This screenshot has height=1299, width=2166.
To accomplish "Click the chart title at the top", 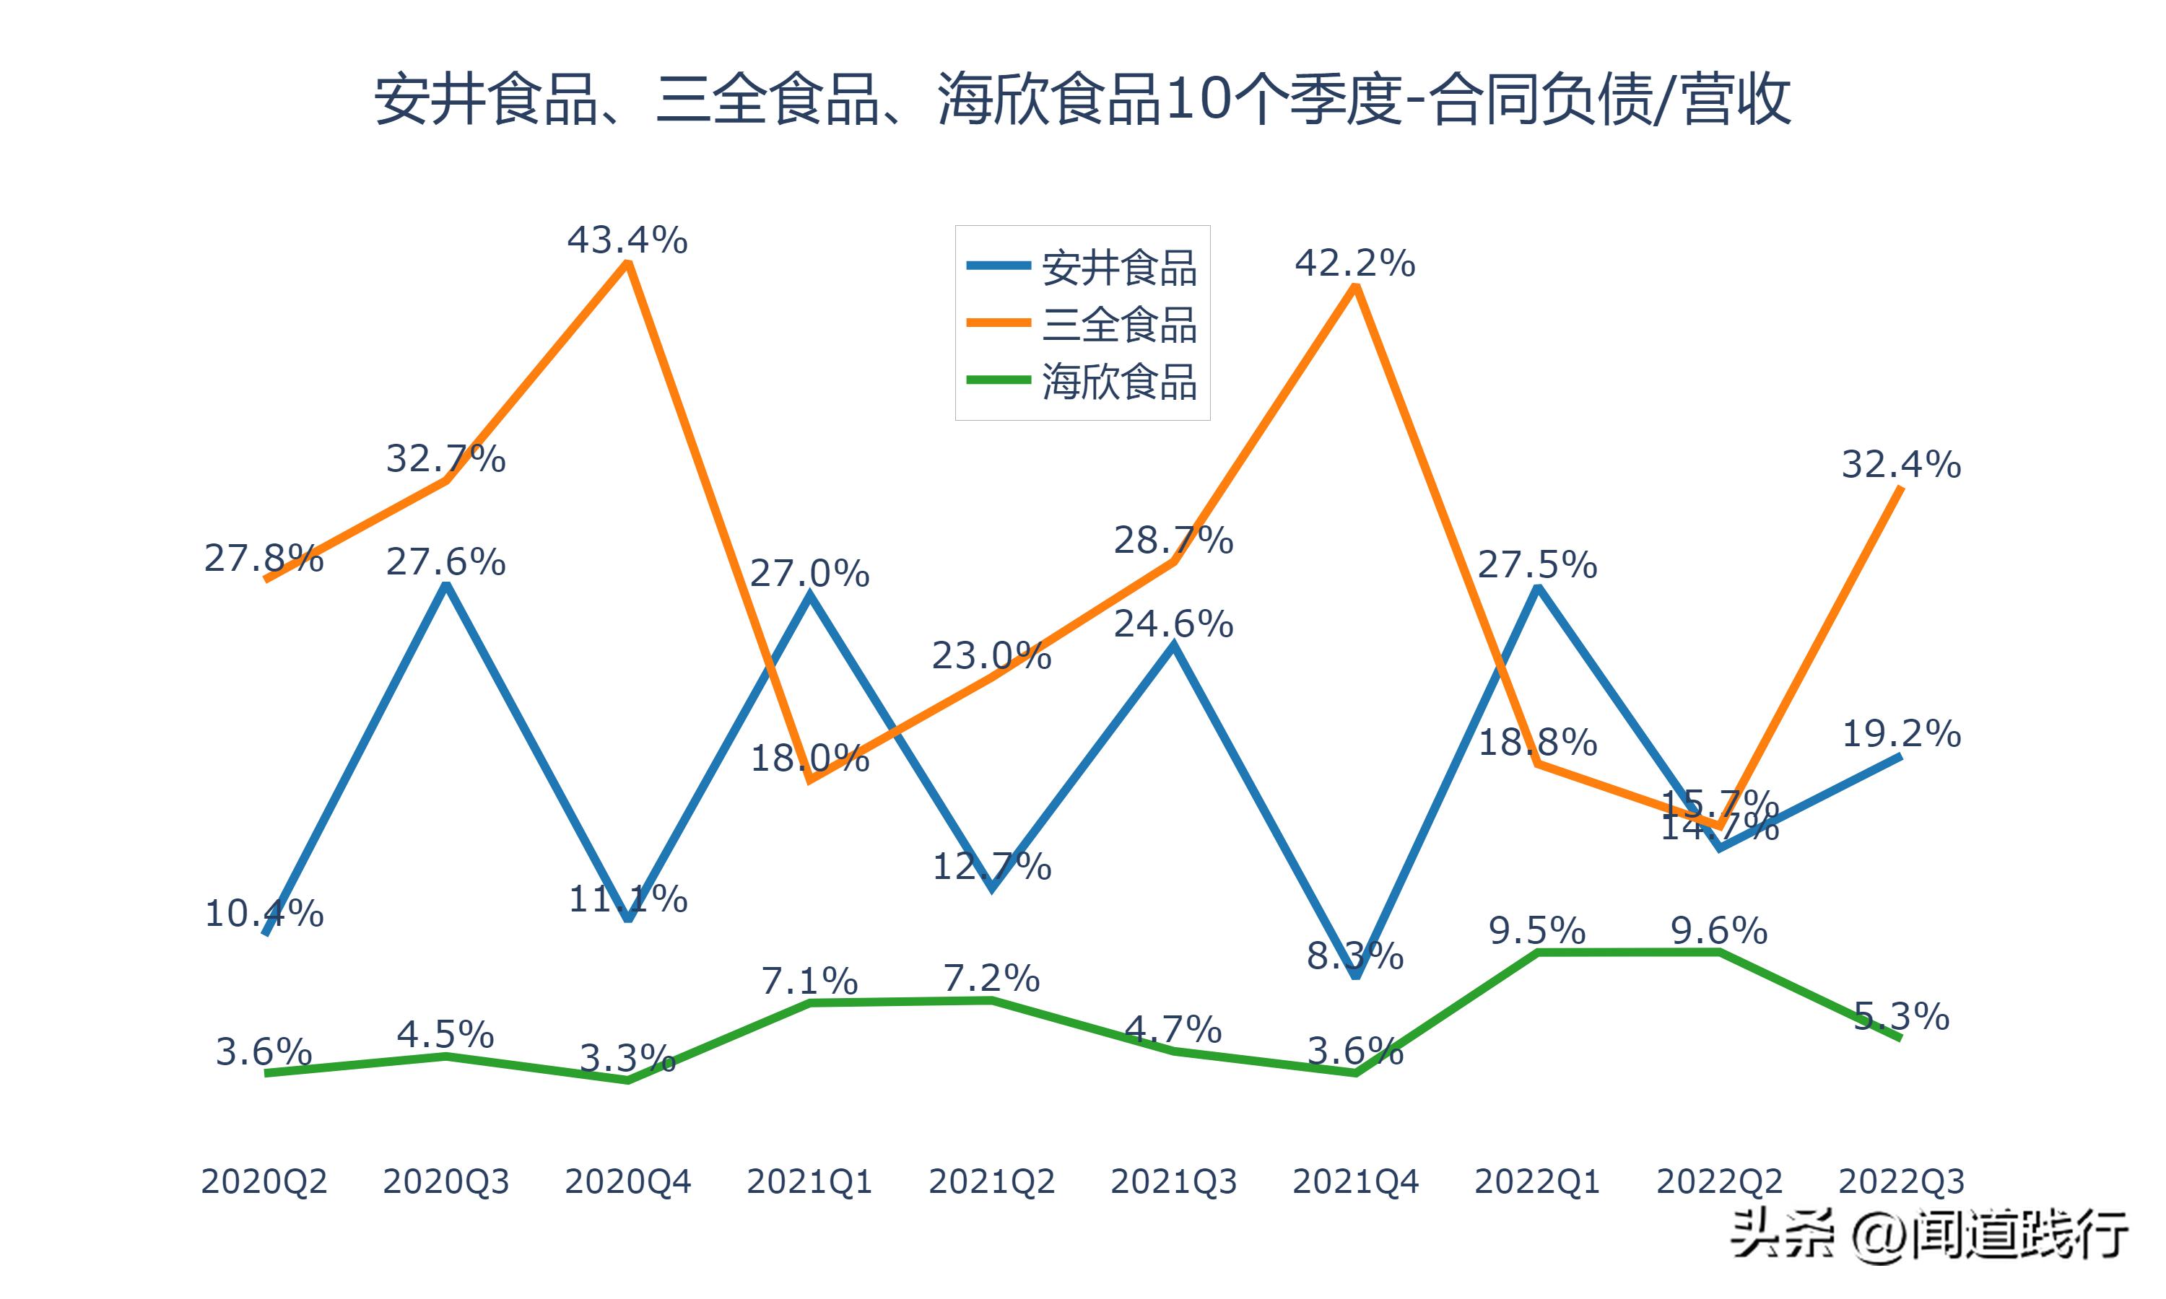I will [x=1082, y=100].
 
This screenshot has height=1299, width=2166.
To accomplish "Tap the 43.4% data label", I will [x=627, y=240].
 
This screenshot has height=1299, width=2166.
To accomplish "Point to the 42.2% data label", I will [x=1354, y=263].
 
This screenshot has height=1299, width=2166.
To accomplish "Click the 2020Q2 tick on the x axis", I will [x=264, y=1181].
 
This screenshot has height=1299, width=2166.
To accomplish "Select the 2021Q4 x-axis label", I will [x=1354, y=1181].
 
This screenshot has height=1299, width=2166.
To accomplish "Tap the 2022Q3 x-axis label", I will [x=1901, y=1181].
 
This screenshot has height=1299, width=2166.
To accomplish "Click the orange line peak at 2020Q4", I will [x=627, y=263].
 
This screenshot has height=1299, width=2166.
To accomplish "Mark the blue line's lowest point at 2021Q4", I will [x=1355, y=974].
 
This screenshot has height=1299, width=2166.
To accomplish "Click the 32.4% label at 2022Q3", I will [x=1901, y=465].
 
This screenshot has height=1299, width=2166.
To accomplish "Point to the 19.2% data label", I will [x=1901, y=733].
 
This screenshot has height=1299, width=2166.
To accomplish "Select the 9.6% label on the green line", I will [x=1718, y=930].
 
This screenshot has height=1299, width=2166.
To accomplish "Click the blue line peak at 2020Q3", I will [x=446, y=585].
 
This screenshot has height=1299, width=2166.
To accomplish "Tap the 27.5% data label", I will [x=1536, y=564].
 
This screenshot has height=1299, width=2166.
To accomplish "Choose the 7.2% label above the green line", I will [x=991, y=978].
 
